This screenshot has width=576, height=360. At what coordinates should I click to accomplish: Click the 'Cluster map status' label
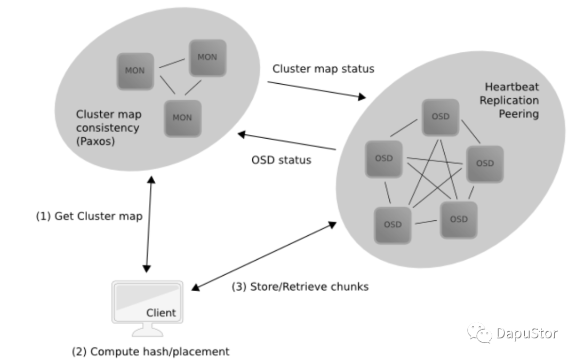[x=323, y=69]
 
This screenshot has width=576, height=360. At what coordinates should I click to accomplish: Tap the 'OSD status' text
[x=281, y=160]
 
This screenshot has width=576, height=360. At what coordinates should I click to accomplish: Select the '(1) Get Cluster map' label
[x=89, y=217]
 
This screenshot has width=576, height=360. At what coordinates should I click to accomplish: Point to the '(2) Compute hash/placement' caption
[x=151, y=351]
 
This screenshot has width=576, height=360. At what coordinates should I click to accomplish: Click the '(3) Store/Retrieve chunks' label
[x=300, y=286]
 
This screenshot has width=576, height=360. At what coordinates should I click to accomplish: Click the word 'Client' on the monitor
[x=161, y=313]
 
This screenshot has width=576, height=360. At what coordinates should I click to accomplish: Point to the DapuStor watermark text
[x=526, y=334]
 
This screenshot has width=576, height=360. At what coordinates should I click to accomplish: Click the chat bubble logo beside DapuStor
[x=479, y=334]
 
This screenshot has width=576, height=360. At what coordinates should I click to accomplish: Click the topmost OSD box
[x=440, y=117]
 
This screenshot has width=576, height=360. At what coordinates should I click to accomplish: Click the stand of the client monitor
[x=147, y=330]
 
